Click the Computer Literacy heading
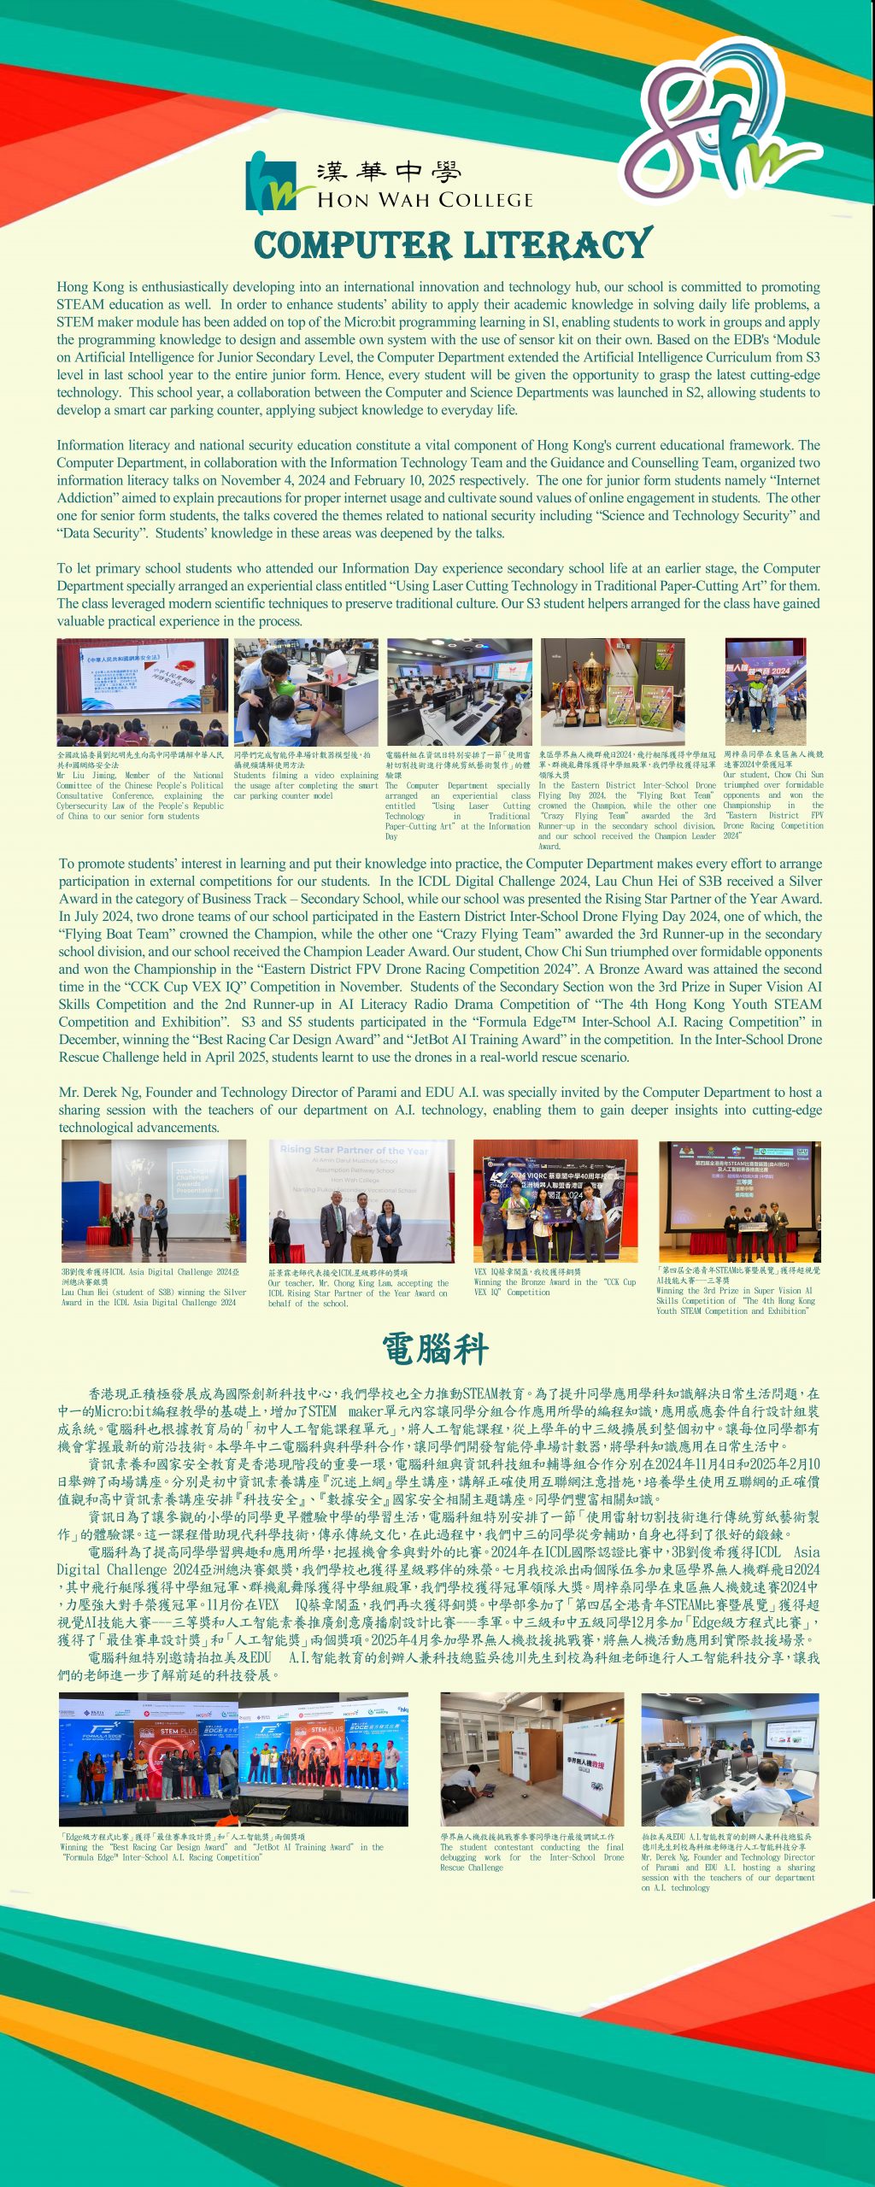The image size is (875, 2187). pos(453,245)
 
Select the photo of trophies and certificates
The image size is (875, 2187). pos(613,691)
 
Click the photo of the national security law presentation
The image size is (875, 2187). pos(142,691)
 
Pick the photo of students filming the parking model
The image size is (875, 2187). pos(306,691)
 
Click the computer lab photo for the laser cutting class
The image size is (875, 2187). pos(459,691)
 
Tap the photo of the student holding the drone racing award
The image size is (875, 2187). pos(765,691)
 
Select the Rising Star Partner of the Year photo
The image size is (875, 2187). pos(361,1200)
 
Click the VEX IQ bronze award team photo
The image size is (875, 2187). pos(555,1200)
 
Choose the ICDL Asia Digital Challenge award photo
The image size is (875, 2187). pos(154,1200)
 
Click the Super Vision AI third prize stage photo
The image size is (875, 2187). pos(739,1200)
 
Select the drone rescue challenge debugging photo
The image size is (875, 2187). pos(531,1759)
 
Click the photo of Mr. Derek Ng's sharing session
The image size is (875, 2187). pos(730,1759)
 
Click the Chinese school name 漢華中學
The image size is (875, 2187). pos(389,173)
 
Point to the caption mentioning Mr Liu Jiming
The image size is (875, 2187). pos(140,795)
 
